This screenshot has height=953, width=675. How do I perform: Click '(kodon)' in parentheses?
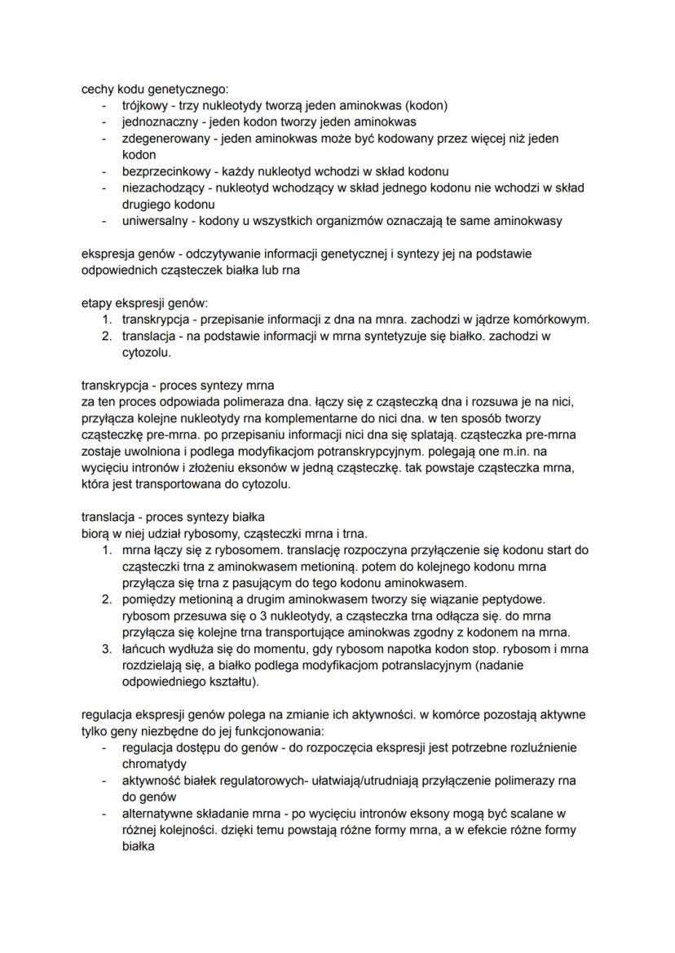point(426,105)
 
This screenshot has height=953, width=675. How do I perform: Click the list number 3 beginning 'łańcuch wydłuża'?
point(106,649)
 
